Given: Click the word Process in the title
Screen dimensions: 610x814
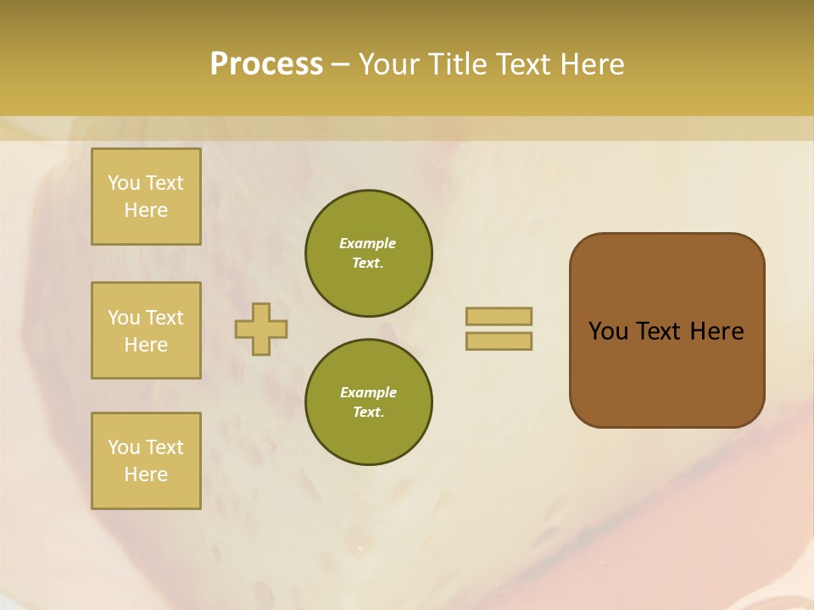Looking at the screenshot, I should point(266,64).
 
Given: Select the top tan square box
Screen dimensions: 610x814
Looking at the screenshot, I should point(146,197).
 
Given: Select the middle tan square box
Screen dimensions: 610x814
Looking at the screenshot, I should point(146,330).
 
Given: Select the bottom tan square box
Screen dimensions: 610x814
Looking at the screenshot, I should point(146,461).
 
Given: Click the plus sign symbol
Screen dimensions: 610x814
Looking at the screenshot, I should point(261,330).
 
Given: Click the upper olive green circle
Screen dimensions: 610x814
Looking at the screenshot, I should point(369,253).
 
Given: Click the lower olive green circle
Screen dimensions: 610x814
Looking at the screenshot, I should point(369,402).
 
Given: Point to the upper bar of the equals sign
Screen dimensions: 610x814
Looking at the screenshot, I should point(499,317).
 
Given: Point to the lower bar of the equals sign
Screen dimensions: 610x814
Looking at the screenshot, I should point(499,341).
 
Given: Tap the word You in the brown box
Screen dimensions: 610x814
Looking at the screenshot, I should point(609,331).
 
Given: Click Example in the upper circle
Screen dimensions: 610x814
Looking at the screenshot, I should point(368,243).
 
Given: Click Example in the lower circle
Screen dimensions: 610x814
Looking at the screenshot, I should point(368,392).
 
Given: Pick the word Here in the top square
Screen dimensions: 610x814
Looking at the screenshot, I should point(146,210).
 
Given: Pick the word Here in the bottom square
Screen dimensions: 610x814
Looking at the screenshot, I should point(146,474).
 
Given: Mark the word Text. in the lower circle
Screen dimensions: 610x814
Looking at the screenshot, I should point(368,412).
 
